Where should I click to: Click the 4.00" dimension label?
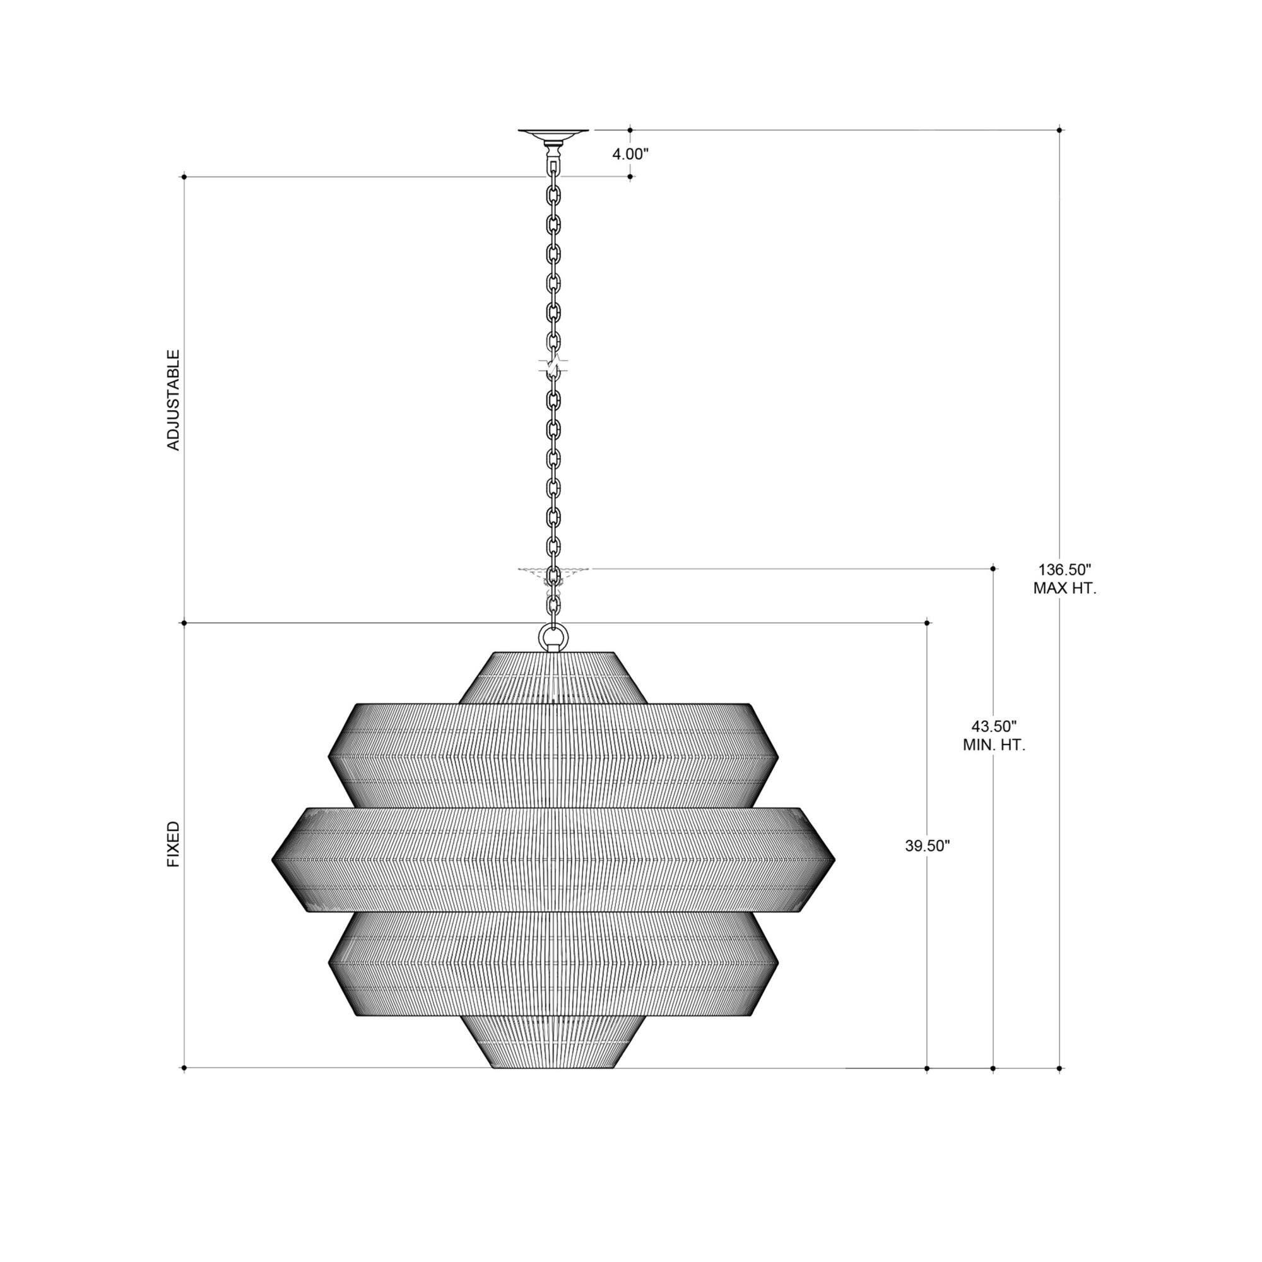click(x=630, y=155)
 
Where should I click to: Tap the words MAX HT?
click(x=1064, y=589)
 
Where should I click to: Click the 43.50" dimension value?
click(x=994, y=726)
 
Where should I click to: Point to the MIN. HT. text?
click(x=994, y=745)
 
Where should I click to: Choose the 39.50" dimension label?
click(x=927, y=846)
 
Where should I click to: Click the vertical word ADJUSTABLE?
click(x=173, y=400)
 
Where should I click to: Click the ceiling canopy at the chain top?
click(x=553, y=134)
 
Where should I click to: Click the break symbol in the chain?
click(x=553, y=368)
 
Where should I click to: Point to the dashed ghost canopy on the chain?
click(x=553, y=573)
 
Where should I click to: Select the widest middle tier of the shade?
click(x=553, y=859)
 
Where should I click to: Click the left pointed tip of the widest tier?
click(x=274, y=859)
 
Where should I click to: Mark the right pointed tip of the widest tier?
click(x=834, y=859)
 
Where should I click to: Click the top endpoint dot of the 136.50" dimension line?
click(x=1059, y=130)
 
